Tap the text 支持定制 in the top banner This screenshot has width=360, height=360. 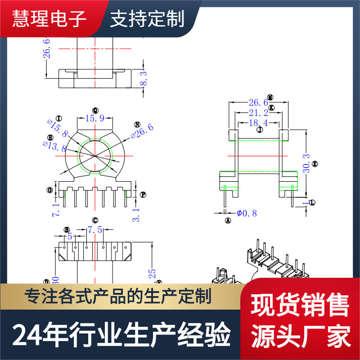[x=147, y=19]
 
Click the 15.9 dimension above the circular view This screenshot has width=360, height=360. [x=95, y=119]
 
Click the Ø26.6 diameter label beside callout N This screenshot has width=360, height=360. [x=142, y=133]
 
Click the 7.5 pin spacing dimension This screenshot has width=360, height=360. [x=95, y=230]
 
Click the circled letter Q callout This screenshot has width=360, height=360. [x=95, y=110]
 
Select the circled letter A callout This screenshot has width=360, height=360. [x=227, y=220]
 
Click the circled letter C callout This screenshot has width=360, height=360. [x=95, y=220]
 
